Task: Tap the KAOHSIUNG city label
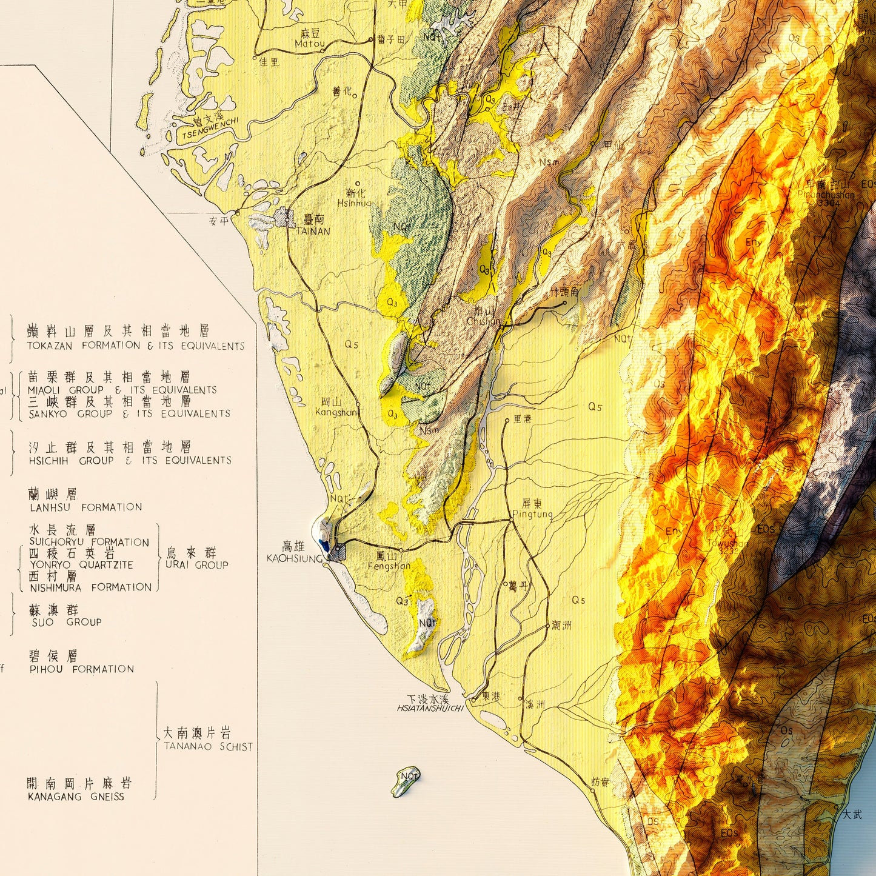click(294, 558)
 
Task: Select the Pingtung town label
click(532, 514)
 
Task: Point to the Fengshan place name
click(389, 566)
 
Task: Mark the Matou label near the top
click(309, 44)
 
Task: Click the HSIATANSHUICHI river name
click(430, 708)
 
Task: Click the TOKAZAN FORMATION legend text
click(135, 346)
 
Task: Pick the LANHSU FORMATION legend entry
click(85, 507)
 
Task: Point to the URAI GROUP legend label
click(196, 565)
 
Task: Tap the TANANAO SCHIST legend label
click(208, 747)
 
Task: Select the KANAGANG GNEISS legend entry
click(76, 797)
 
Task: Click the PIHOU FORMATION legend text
click(81, 669)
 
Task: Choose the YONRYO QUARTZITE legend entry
click(81, 565)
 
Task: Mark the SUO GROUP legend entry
click(66, 622)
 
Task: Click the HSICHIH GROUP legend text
click(130, 461)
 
